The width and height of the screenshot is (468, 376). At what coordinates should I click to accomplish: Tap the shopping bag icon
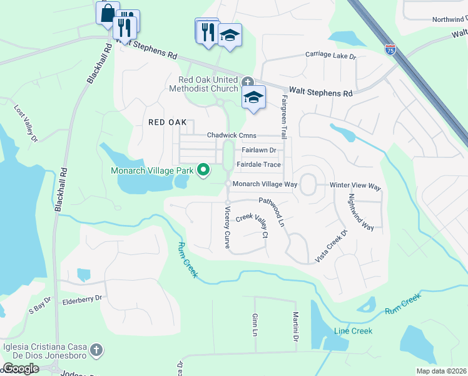[x=107, y=12]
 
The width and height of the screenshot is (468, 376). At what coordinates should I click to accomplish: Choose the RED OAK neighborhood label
[x=168, y=122]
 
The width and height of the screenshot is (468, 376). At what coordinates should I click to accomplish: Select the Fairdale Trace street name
[x=258, y=165]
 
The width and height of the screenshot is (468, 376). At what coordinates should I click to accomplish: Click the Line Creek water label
[x=353, y=331]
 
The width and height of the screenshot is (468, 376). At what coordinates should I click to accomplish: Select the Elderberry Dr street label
[x=82, y=299]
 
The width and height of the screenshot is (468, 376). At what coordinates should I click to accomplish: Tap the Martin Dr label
[x=295, y=327]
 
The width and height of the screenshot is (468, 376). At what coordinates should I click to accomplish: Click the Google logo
[x=20, y=368]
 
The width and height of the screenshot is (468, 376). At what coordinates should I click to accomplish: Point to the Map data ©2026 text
[x=441, y=371]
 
